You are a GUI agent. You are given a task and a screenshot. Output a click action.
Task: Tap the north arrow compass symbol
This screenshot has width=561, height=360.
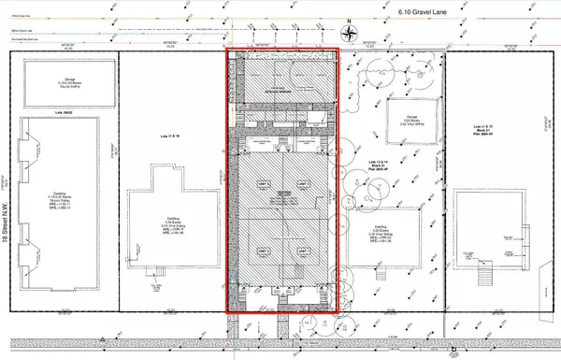point(351,35)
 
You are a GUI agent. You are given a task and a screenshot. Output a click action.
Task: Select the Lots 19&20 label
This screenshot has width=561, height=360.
point(64,111)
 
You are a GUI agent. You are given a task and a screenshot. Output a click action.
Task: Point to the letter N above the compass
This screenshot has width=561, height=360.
point(351,22)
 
